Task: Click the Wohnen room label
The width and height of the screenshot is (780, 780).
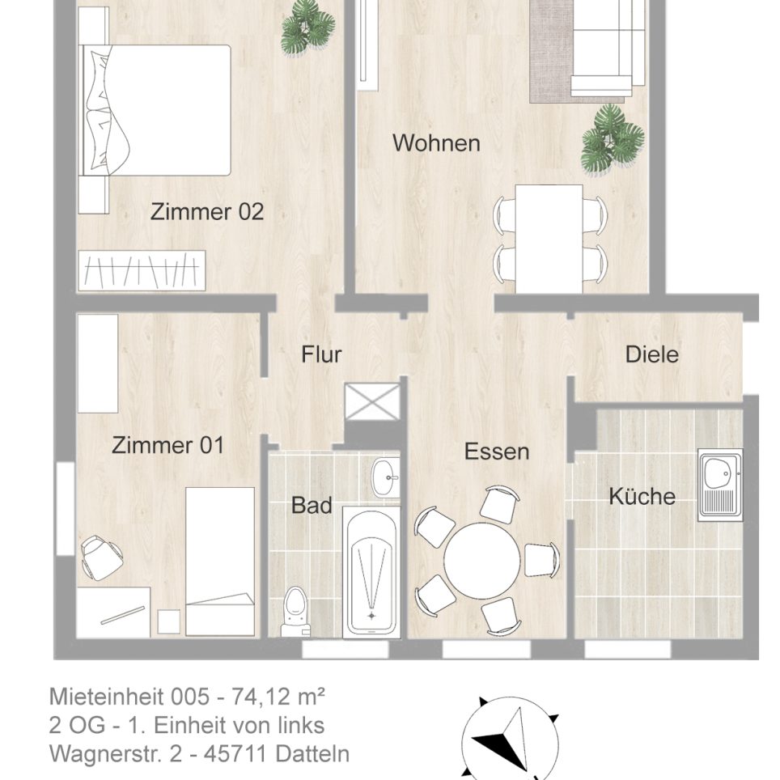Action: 436,143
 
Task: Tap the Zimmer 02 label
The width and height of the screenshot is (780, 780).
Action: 207,212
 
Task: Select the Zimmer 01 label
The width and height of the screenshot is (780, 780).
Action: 167,446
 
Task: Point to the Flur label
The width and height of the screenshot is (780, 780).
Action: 321,354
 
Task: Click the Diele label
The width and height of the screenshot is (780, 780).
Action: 651,354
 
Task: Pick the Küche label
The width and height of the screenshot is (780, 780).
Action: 642,496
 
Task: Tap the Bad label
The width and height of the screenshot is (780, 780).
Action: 312,506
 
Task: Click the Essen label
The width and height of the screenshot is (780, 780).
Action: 497,451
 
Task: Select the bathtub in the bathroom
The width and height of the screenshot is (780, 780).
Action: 371,570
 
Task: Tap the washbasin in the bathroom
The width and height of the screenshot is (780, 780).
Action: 386,477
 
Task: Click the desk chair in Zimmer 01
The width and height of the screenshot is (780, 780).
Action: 101,557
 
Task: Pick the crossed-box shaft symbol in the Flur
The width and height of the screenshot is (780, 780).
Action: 372,401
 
